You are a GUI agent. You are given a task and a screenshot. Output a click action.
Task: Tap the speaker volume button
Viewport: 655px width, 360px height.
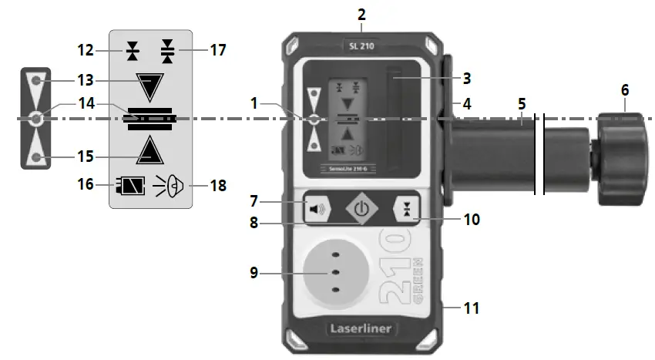point(317,208)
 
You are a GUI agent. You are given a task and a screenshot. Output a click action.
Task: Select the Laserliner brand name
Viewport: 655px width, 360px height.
point(361,328)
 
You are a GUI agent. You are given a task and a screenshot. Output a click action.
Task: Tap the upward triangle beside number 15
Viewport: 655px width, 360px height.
point(148,150)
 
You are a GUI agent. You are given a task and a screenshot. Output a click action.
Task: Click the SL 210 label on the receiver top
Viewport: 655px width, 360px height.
point(361,45)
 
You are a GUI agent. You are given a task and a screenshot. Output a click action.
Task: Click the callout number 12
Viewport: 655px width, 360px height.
point(86,51)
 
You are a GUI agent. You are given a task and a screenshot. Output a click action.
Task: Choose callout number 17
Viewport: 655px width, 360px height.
point(220,51)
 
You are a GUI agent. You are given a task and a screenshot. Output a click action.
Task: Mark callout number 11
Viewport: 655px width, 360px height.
point(471,308)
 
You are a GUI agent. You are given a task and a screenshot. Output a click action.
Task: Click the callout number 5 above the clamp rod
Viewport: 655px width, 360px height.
point(522,103)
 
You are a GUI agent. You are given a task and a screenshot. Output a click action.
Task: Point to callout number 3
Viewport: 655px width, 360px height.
point(466,78)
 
